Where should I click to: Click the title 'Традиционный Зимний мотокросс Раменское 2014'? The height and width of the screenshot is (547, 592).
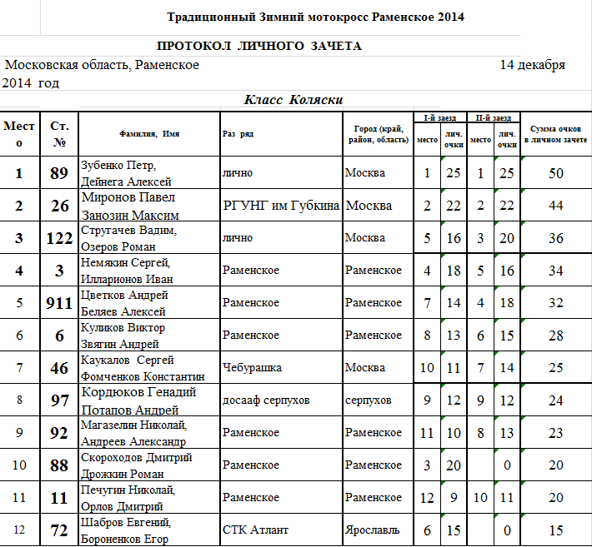click(315, 17)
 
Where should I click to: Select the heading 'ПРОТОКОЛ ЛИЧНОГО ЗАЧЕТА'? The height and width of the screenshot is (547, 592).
click(259, 47)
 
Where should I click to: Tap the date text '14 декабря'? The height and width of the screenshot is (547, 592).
click(532, 65)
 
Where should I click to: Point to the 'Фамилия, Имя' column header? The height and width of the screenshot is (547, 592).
click(149, 133)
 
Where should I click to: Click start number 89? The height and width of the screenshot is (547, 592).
click(59, 173)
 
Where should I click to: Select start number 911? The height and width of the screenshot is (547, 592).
click(59, 303)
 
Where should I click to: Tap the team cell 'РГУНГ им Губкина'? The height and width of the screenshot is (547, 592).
click(282, 206)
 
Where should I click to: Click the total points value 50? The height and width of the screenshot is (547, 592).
click(556, 173)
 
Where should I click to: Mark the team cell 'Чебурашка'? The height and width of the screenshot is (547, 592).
click(252, 367)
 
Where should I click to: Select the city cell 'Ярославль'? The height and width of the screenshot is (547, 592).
click(374, 530)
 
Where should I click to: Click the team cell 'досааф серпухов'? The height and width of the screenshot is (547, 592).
click(266, 400)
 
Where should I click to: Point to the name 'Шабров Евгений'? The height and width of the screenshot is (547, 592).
click(126, 522)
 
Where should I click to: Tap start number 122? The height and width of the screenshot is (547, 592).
click(59, 238)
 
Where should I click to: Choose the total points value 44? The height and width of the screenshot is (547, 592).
click(556, 206)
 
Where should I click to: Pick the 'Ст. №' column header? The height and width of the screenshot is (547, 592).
click(59, 134)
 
